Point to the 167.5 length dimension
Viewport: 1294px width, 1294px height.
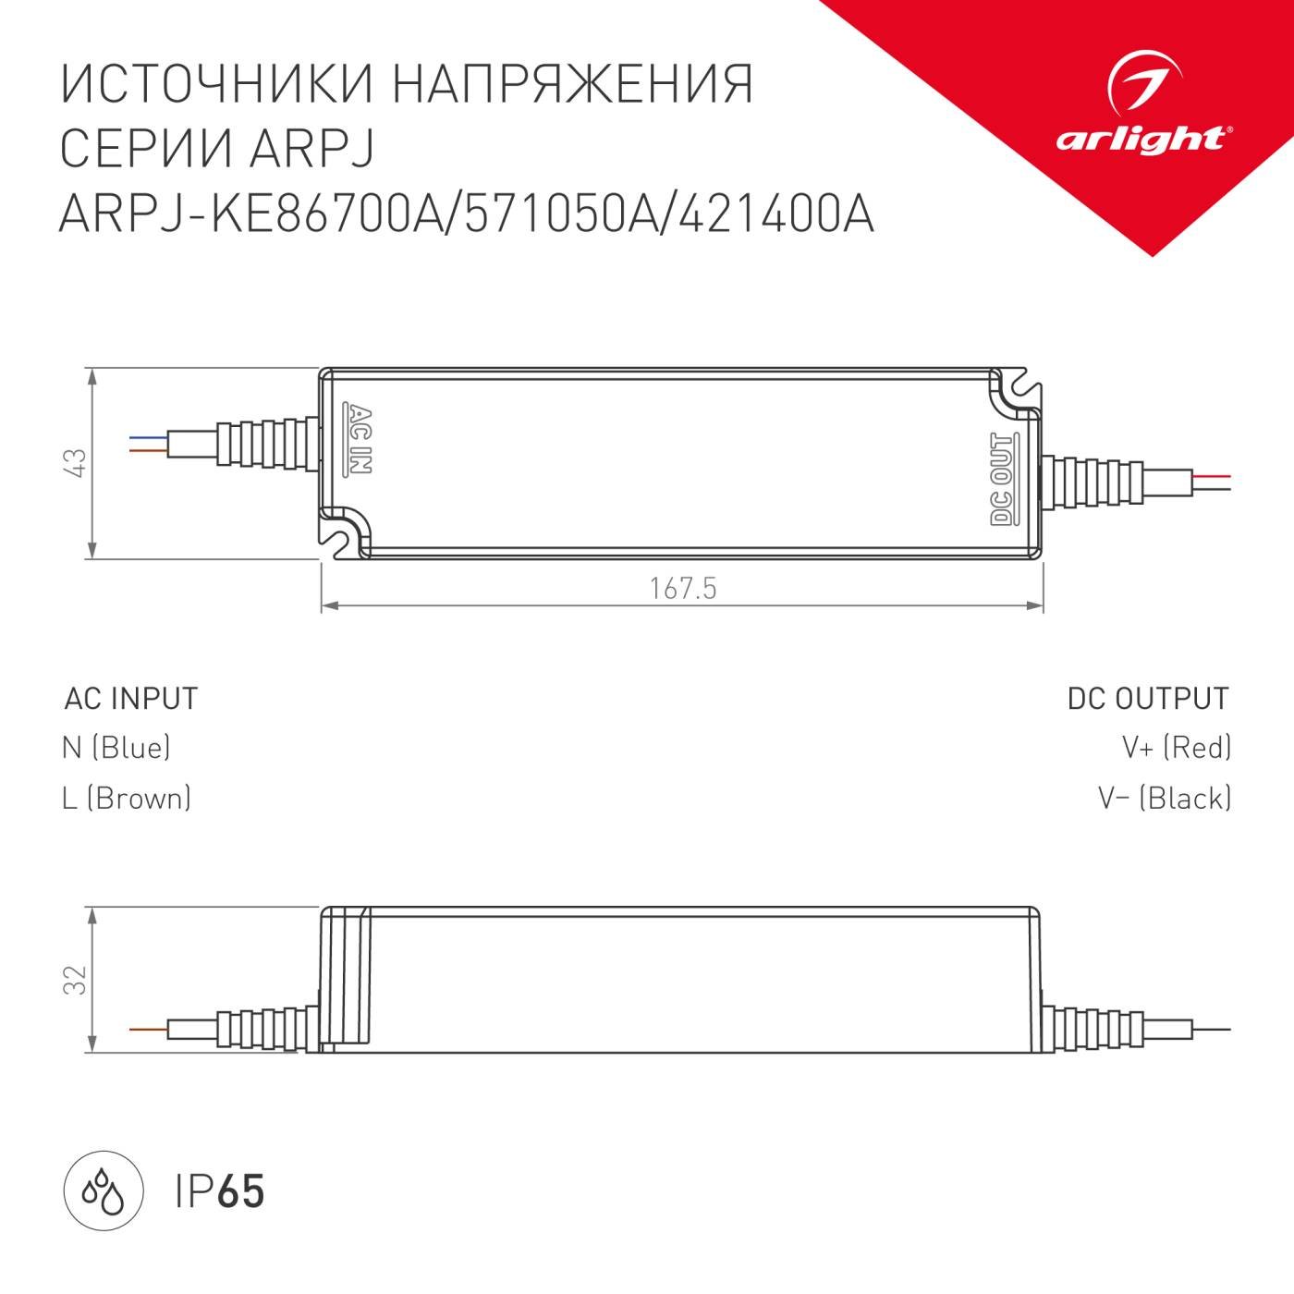[682, 589]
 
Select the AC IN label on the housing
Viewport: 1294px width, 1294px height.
[359, 439]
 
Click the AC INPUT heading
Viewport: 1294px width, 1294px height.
[131, 699]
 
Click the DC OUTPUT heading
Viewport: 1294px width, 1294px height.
[1148, 699]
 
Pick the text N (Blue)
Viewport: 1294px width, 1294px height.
[116, 748]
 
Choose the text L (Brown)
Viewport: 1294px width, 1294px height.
[127, 798]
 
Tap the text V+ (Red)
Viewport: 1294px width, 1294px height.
[1176, 748]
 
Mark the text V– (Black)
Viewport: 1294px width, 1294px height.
[1165, 798]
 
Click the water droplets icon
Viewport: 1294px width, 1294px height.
[103, 1190]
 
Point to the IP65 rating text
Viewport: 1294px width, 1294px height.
[220, 1191]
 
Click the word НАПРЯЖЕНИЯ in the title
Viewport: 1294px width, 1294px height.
[573, 85]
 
